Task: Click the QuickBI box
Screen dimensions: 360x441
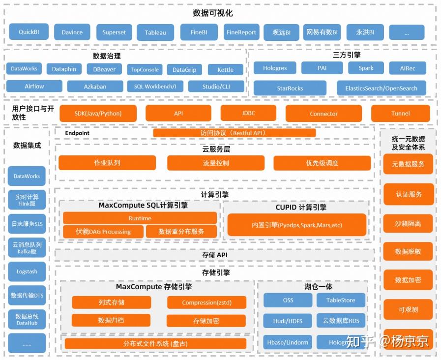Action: [29, 32]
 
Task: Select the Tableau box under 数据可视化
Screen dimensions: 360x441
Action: [155, 32]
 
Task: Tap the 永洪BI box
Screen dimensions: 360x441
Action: [365, 32]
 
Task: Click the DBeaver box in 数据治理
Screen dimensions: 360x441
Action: [104, 69]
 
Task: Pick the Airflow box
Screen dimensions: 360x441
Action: [34, 86]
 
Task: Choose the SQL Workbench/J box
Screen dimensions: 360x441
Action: [155, 87]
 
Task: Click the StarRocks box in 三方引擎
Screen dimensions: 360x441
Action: [290, 89]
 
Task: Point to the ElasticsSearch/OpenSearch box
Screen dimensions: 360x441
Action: [381, 89]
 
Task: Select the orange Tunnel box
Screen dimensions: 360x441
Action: [400, 114]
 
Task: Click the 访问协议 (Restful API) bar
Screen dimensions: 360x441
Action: [234, 133]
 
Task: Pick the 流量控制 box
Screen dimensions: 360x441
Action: [216, 163]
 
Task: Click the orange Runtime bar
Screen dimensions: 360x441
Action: [140, 218]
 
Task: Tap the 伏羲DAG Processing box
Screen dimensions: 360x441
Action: [103, 232]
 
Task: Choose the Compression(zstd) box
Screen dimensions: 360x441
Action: [206, 302]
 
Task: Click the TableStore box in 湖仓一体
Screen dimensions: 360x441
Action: [341, 300]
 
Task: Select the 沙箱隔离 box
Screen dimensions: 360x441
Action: [408, 223]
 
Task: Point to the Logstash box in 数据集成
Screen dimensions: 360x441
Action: [27, 271]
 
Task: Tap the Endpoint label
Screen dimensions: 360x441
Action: [77, 133]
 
